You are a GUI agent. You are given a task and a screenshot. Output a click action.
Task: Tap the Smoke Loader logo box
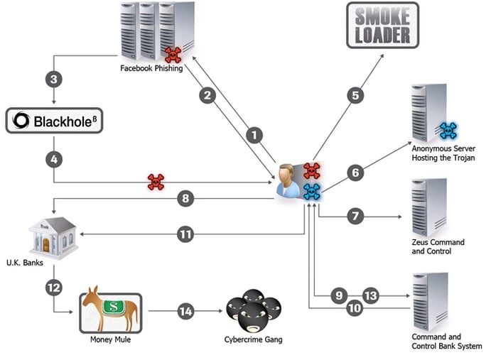point(383,25)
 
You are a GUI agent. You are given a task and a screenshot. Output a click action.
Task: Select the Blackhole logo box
point(60,121)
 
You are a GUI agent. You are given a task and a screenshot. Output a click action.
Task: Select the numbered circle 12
point(53,288)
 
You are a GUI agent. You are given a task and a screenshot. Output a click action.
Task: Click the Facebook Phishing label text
point(151,69)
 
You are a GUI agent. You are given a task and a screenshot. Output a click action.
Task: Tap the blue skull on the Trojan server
point(448,130)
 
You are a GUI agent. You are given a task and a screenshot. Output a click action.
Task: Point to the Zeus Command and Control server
point(428,207)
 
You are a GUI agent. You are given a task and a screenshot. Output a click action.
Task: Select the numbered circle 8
point(185,200)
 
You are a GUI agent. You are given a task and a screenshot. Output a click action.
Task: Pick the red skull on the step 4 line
point(156,182)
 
